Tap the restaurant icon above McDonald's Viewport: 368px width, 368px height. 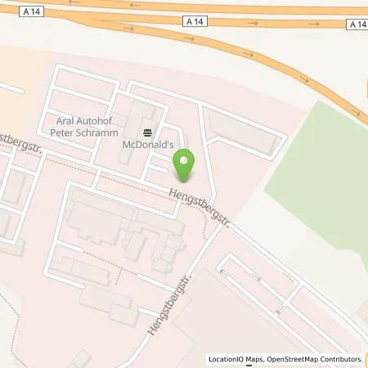(x=147, y=132)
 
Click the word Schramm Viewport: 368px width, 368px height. (x=98, y=132)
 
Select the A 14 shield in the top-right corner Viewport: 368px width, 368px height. (x=358, y=25)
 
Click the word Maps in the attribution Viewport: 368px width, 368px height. (x=261, y=359)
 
